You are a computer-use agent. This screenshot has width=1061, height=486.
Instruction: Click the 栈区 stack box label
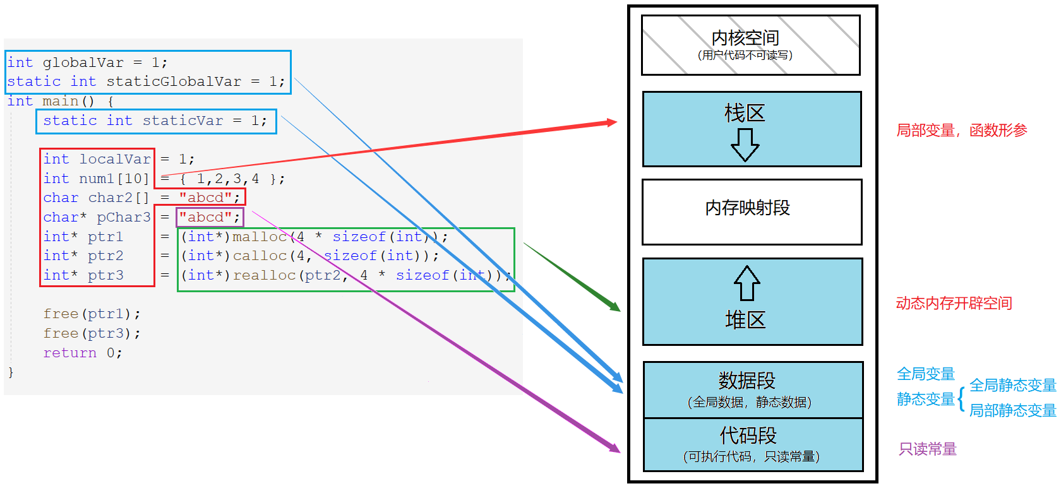(x=745, y=113)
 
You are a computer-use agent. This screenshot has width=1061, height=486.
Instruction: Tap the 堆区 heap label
(x=745, y=320)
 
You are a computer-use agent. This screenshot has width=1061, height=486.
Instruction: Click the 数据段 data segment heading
(x=746, y=381)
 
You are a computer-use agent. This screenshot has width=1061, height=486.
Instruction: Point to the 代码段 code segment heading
(x=748, y=436)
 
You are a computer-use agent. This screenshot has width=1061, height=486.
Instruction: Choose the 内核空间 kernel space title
(x=745, y=38)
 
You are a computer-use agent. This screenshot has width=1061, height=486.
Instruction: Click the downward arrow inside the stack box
(x=745, y=145)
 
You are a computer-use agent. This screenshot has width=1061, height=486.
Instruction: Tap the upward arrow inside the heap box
(x=746, y=283)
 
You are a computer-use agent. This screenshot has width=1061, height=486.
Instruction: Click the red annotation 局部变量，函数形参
(x=961, y=131)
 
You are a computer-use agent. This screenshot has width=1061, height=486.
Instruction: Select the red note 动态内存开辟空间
(x=954, y=304)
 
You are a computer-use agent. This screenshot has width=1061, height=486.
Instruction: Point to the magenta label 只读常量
(x=928, y=449)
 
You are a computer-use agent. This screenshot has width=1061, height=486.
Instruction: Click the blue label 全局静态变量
(x=1012, y=385)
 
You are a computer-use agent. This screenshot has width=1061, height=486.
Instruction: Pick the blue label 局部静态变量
(x=1012, y=410)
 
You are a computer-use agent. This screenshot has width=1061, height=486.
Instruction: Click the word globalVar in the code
(x=83, y=62)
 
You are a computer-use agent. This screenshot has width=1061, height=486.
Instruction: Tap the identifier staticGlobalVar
(x=174, y=81)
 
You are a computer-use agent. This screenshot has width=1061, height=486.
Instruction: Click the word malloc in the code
(x=260, y=237)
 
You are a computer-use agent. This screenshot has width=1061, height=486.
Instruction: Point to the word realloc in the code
(x=265, y=275)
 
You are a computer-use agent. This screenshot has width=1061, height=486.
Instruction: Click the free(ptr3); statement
(x=92, y=333)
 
